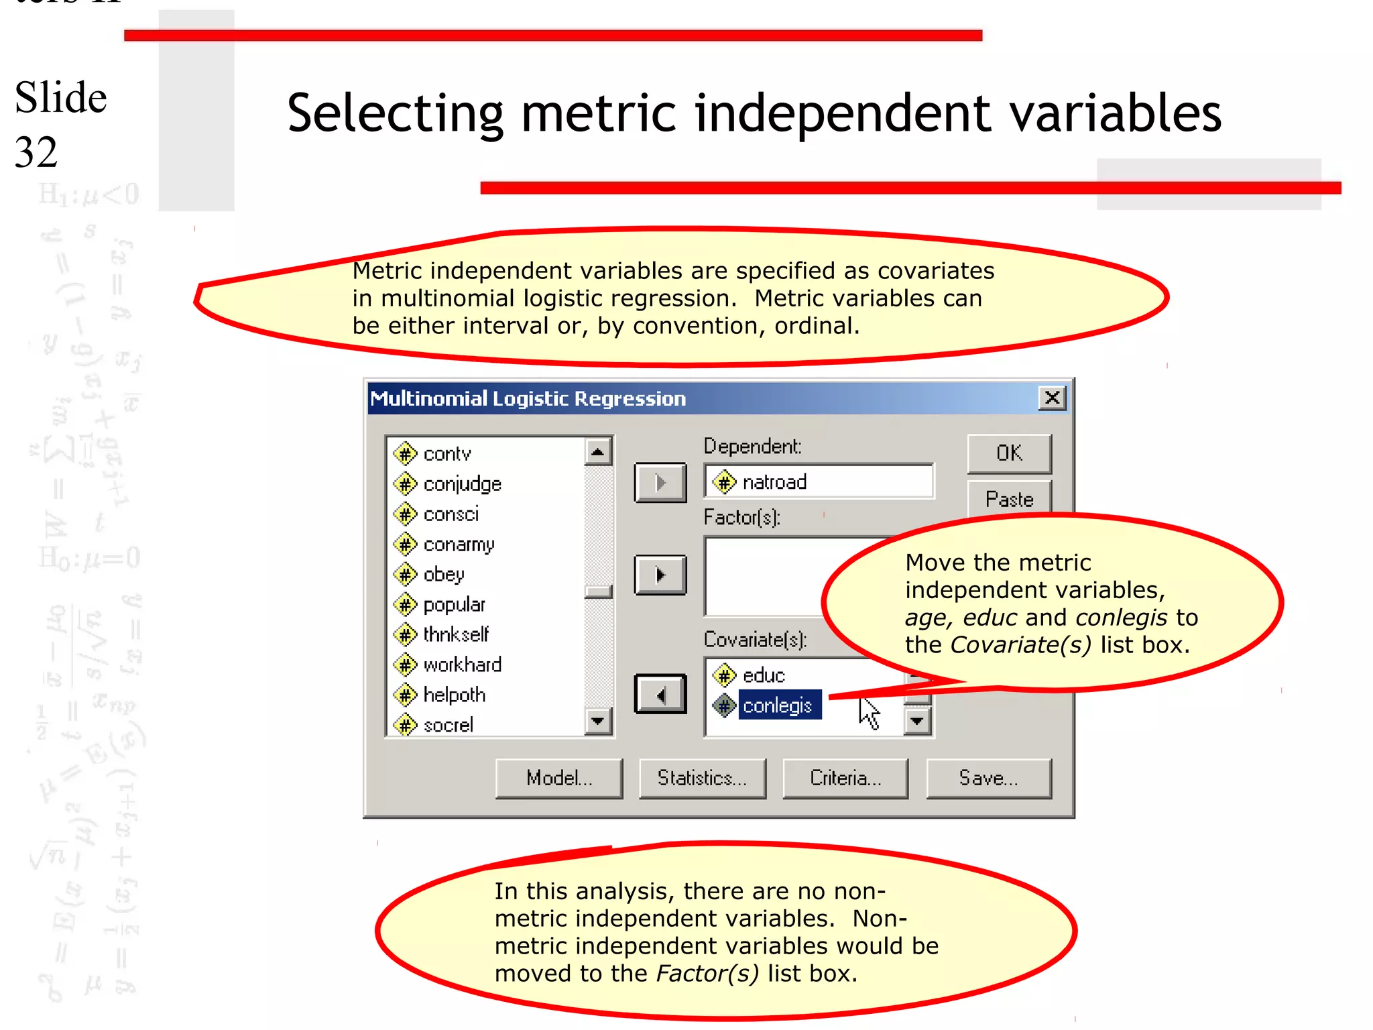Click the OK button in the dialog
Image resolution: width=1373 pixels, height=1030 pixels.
(1009, 453)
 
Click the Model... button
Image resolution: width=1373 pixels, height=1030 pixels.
(558, 778)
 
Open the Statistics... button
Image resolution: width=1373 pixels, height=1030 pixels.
(702, 778)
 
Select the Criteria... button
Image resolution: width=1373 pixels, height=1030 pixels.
(845, 778)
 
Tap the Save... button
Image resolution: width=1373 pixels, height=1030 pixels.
(988, 778)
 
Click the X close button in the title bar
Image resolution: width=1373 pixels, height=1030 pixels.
(1053, 398)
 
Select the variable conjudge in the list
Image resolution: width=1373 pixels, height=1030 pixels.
(462, 484)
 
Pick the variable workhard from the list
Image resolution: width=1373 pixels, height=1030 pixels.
(462, 665)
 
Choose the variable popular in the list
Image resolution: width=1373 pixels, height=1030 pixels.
(454, 605)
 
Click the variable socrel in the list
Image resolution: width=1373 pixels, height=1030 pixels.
(448, 725)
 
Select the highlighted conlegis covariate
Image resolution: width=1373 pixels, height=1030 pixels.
(778, 705)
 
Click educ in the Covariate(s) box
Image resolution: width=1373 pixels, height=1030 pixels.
(763, 675)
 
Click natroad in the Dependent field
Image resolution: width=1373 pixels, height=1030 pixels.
(774, 482)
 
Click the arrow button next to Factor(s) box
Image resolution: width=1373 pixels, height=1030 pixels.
(660, 575)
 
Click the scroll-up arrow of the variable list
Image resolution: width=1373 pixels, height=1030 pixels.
(597, 451)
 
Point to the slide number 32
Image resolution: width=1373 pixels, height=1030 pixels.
(36, 152)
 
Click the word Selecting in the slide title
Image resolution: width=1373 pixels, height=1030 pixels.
(395, 113)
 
